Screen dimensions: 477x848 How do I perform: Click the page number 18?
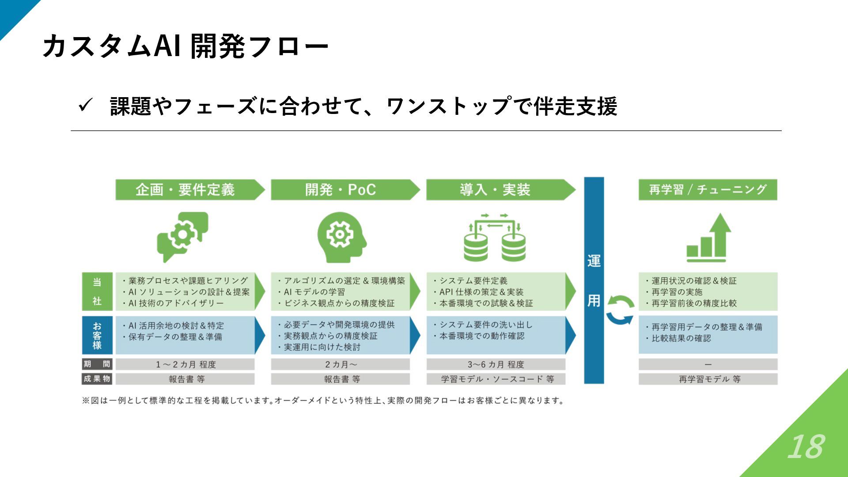coord(806,447)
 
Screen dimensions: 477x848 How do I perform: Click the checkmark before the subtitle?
coord(84,106)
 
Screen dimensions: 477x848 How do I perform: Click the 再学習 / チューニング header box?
coord(708,190)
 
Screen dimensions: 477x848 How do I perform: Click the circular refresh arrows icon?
coord(620,310)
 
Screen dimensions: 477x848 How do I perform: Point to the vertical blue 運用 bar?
coord(594,280)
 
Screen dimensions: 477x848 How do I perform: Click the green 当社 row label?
coord(97,291)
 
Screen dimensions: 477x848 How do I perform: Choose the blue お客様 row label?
coord(97,335)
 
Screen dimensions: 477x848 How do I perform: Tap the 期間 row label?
coord(97,364)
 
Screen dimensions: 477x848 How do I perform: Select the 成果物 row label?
coord(97,379)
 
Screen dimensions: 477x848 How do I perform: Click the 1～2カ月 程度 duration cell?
coord(185,364)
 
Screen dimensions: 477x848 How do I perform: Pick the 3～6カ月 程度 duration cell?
coord(496,364)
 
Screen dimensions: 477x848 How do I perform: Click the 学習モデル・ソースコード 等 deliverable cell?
coord(496,379)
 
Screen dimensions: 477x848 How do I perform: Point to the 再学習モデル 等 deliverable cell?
coord(708,379)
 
